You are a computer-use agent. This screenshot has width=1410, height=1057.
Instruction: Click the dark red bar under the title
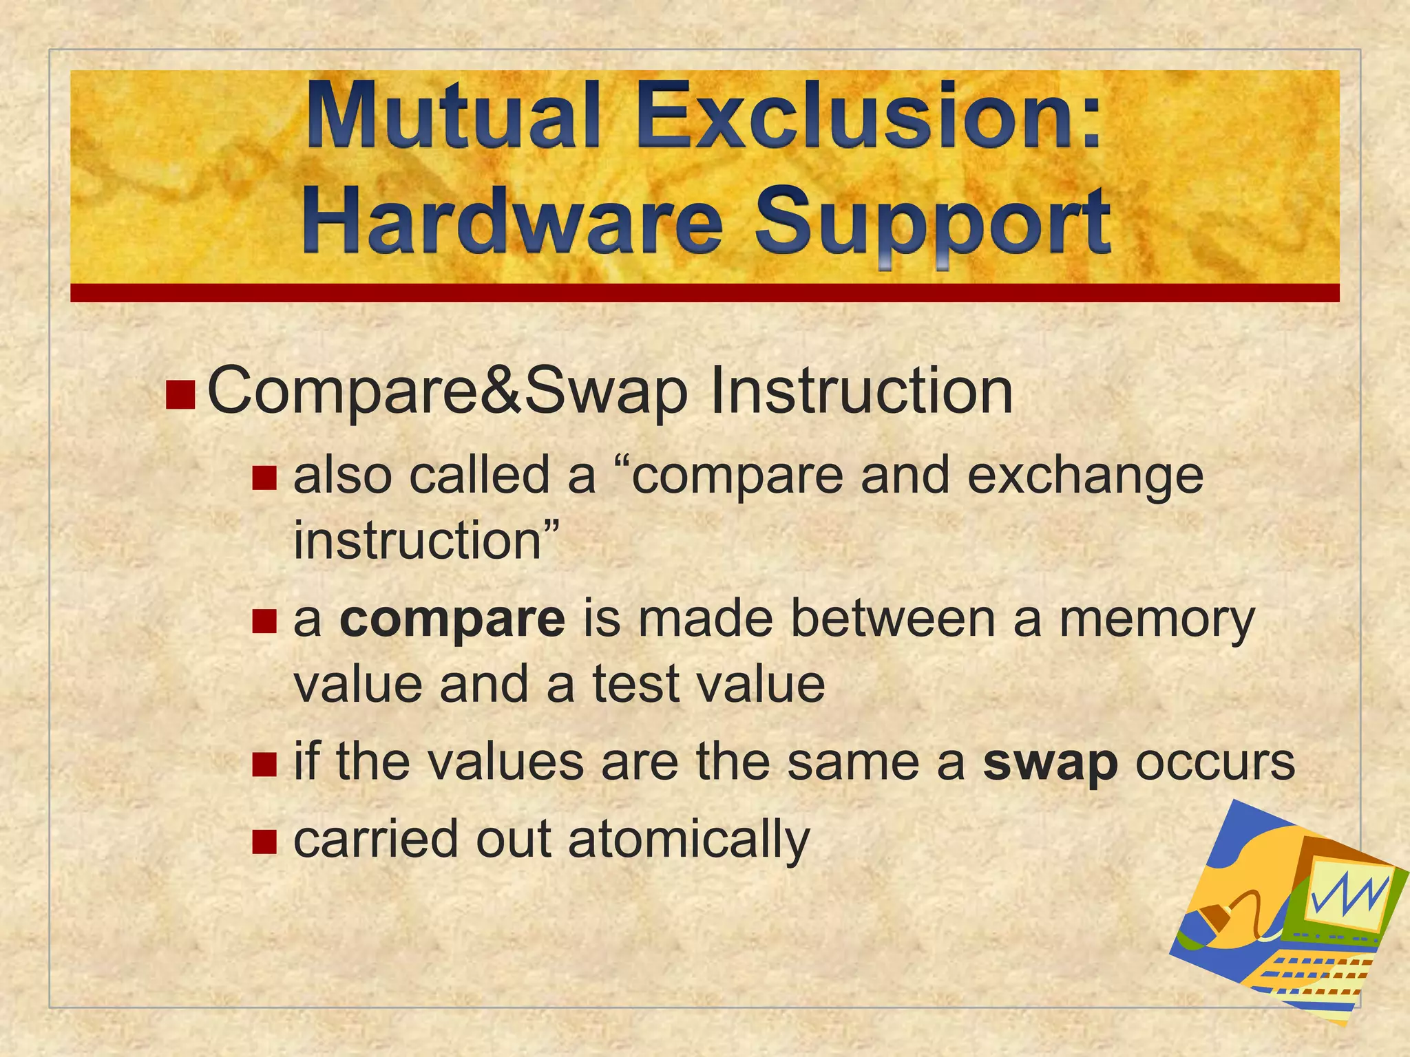pos(704,292)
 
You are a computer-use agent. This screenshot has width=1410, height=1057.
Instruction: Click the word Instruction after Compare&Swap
pos(861,392)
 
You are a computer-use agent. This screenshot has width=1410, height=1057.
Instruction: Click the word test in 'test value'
pos(635,684)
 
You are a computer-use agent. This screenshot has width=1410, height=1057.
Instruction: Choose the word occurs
pos(1215,762)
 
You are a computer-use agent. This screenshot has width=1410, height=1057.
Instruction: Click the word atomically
pos(689,840)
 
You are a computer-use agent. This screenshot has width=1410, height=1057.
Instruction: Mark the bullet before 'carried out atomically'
pos(264,840)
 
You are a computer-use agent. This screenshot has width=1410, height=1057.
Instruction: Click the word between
pos(893,618)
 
